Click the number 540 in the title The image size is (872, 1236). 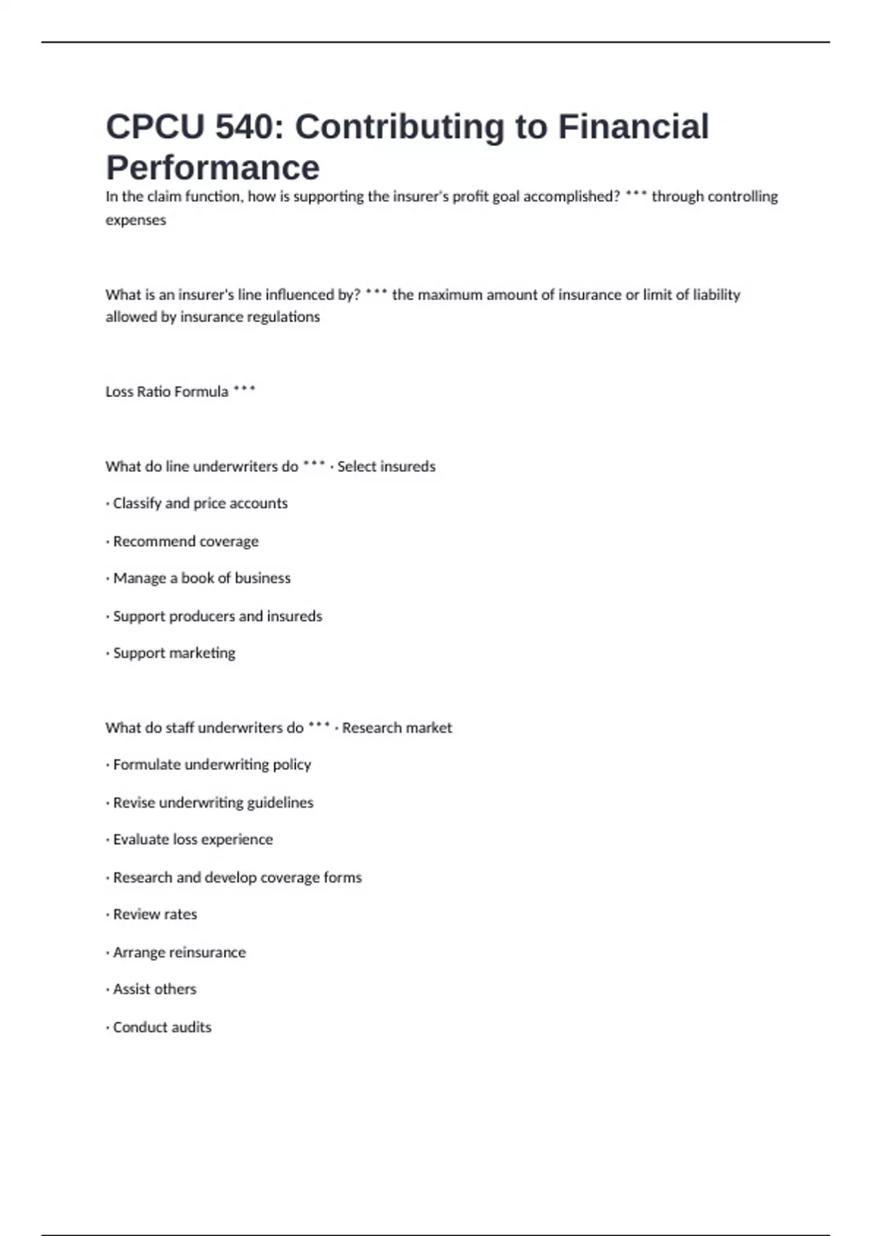pyautogui.click(x=243, y=127)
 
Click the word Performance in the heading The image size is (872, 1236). pyautogui.click(x=212, y=168)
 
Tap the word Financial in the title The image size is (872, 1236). pyautogui.click(x=633, y=127)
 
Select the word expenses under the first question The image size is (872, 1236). pyautogui.click(x=136, y=220)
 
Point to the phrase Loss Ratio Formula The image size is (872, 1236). pyautogui.click(x=166, y=392)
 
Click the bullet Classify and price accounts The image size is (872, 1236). pyautogui.click(x=200, y=503)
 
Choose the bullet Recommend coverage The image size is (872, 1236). pyautogui.click(x=185, y=542)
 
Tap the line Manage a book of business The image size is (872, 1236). pyautogui.click(x=201, y=578)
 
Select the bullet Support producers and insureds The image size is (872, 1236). pyautogui.click(x=217, y=617)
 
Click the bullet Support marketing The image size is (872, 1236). pyautogui.click(x=174, y=653)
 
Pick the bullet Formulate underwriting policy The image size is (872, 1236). pyautogui.click(x=211, y=765)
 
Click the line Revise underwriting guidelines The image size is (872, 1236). pyautogui.click(x=213, y=803)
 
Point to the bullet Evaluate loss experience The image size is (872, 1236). pyautogui.click(x=193, y=840)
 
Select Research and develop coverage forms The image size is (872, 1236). pyautogui.click(x=237, y=878)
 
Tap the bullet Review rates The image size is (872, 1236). pyautogui.click(x=155, y=915)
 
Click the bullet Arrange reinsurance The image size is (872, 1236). pyautogui.click(x=179, y=952)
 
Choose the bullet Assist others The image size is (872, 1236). pyautogui.click(x=154, y=990)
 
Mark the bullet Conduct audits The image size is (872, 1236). pyautogui.click(x=162, y=1027)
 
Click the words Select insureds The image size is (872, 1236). pyautogui.click(x=386, y=467)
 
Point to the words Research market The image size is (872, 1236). pyautogui.click(x=397, y=728)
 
